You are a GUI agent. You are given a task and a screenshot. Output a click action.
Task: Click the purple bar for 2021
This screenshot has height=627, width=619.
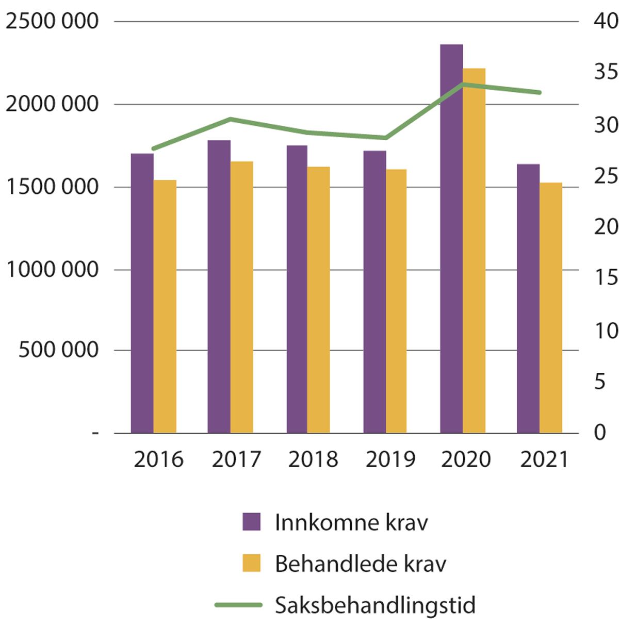(x=528, y=299)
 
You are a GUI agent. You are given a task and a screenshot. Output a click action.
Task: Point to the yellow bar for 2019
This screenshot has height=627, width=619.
(x=396, y=301)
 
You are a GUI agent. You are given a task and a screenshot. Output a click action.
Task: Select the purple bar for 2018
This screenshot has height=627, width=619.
(x=297, y=289)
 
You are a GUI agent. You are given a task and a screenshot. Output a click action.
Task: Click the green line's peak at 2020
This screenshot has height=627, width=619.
(x=463, y=84)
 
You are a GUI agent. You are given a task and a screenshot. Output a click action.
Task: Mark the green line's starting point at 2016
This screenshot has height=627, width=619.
(x=153, y=148)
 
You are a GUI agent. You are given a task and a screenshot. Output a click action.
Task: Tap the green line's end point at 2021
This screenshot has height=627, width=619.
(x=540, y=93)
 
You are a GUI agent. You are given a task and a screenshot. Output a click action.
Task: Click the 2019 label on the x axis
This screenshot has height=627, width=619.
(x=390, y=459)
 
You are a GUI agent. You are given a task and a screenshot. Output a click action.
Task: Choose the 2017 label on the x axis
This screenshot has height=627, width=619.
(x=236, y=459)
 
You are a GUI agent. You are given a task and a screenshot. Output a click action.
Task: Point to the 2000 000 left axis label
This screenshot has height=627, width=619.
(x=52, y=104)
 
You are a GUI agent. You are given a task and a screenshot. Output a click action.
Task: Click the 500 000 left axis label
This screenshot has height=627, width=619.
(x=58, y=350)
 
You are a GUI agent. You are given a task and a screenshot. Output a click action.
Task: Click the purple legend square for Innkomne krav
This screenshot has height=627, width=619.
(x=252, y=522)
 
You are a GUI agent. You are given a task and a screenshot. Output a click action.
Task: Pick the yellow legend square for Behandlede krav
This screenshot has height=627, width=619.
(x=252, y=563)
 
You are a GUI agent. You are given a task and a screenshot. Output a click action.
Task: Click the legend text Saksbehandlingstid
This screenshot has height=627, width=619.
(x=375, y=605)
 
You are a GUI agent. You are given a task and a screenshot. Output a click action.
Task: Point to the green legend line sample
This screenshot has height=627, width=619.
(x=238, y=605)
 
